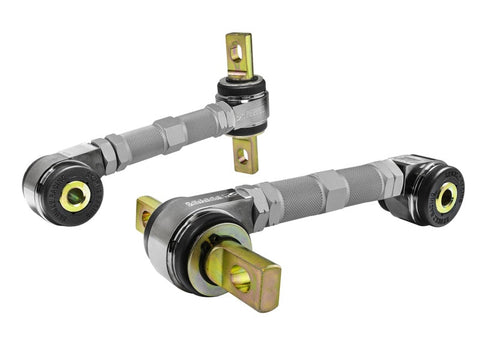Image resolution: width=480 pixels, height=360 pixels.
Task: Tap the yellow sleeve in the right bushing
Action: coord(445,196)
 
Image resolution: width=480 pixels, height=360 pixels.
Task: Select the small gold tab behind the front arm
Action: coord(147,213)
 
